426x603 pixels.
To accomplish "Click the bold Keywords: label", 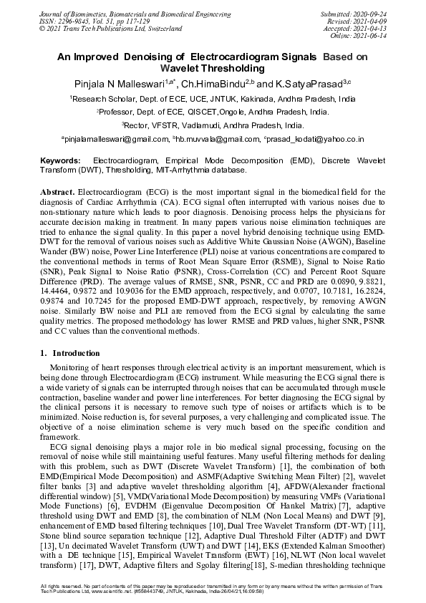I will click(60, 160).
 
